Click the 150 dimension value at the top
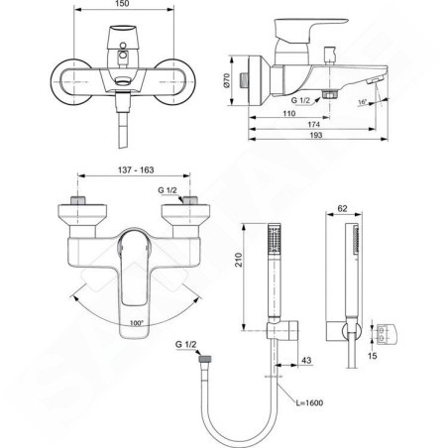coord(123,4)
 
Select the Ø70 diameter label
coord(226,80)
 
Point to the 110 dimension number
coord(289,113)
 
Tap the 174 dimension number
coord(313,124)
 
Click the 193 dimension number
coord(316,135)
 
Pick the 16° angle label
coord(363,102)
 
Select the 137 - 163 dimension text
coord(136,169)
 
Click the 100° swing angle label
coord(137,323)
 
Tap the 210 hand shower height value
coord(238,260)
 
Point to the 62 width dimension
coord(343,208)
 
